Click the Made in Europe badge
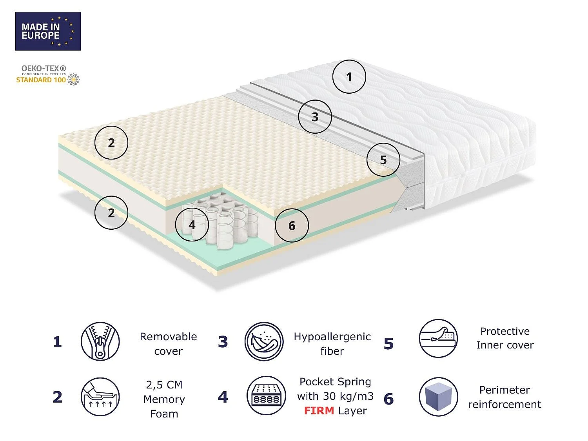pyautogui.click(x=48, y=31)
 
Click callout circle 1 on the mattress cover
pyautogui.click(x=349, y=76)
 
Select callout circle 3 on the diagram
pyautogui.click(x=315, y=117)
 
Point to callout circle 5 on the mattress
pyautogui.click(x=383, y=160)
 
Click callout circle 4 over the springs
pyautogui.click(x=192, y=225)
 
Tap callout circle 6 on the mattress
pyautogui.click(x=292, y=225)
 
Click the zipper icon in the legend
pyautogui.click(x=100, y=341)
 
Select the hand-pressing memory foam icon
pyautogui.click(x=100, y=397)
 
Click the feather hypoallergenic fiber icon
pyautogui.click(x=264, y=341)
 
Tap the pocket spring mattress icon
pyautogui.click(x=266, y=396)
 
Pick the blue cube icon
pyautogui.click(x=439, y=397)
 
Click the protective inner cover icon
pyautogui.click(x=438, y=338)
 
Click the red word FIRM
pyautogui.click(x=319, y=410)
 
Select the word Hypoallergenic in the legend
pyautogui.click(x=332, y=337)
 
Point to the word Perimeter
pyautogui.click(x=505, y=390)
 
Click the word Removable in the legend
pyautogui.click(x=168, y=337)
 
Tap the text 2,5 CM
pyautogui.click(x=164, y=385)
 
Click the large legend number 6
pyautogui.click(x=389, y=399)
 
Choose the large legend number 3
pyautogui.click(x=223, y=342)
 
